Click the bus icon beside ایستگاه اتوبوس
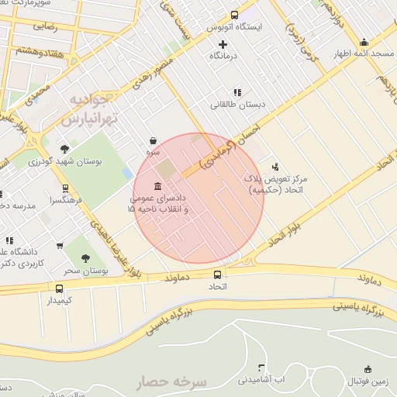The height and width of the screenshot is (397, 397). click(235, 15)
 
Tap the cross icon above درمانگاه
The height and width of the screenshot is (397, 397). click(223, 44)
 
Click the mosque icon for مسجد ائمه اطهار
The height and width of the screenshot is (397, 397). click(364, 43)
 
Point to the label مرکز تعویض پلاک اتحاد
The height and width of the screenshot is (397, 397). click(275, 184)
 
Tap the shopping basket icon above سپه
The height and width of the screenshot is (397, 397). click(154, 140)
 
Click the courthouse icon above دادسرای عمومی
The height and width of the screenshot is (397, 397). click(158, 187)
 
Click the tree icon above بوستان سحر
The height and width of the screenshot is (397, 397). click(85, 258)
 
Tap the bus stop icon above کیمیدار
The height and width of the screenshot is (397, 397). click(60, 287)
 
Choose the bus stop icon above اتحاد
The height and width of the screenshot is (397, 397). click(216, 274)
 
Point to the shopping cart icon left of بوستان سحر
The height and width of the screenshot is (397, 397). click(60, 247)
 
